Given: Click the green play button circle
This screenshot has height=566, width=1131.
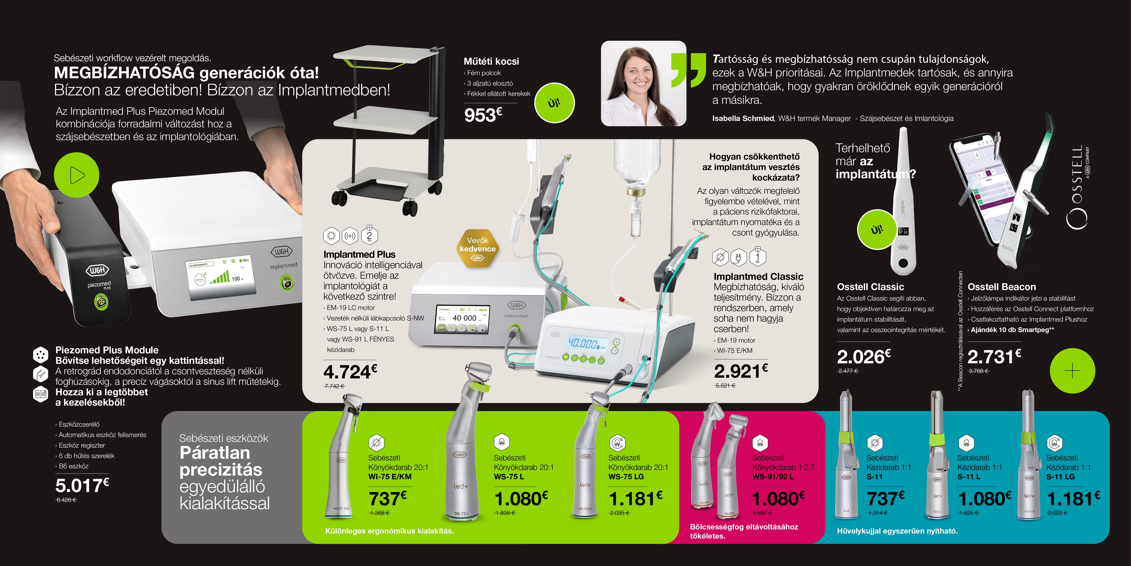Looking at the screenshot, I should pyautogui.click(x=76, y=175).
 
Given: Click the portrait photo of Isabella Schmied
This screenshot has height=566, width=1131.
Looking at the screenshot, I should pyautogui.click(x=643, y=84).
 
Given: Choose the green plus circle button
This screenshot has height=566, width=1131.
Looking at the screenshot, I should pyautogui.click(x=1072, y=371).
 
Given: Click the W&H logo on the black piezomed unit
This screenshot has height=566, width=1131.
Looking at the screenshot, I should pyautogui.click(x=97, y=270).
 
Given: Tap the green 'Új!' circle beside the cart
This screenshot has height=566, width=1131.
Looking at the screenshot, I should pyautogui.click(x=554, y=103).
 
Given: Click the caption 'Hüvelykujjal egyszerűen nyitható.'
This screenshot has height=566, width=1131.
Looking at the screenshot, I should pyautogui.click(x=897, y=531).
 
